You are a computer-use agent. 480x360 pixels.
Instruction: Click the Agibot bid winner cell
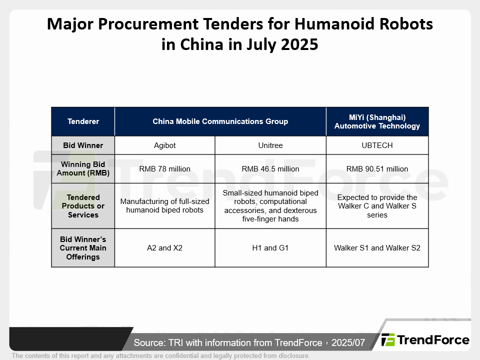[164, 145]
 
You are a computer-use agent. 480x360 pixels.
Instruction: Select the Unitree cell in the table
[270, 145]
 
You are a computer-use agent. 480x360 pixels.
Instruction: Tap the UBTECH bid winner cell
[377, 145]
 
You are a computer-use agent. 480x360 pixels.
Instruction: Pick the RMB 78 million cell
[164, 169]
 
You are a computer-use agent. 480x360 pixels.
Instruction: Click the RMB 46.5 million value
[270, 169]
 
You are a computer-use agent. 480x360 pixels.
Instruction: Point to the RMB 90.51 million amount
[377, 169]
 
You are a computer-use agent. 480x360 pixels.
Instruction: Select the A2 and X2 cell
[164, 248]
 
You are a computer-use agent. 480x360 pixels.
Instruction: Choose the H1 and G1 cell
[270, 248]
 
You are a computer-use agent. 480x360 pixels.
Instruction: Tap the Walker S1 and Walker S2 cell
[377, 248]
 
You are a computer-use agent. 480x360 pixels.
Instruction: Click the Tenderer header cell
[83, 121]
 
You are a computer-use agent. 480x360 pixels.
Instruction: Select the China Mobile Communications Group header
[220, 121]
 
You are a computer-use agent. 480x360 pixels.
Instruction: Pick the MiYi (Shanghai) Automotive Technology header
[377, 121]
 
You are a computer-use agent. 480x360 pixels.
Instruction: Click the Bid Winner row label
[83, 145]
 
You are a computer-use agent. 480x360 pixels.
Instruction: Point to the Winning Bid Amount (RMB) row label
[83, 169]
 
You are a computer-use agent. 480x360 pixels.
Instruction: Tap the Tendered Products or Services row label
[83, 206]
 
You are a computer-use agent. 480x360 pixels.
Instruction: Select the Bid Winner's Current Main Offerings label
[83, 248]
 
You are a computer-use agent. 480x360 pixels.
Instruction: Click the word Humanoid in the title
[334, 24]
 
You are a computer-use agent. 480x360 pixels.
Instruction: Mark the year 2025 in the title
[299, 44]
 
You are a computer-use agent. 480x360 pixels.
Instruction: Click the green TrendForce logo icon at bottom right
[388, 340]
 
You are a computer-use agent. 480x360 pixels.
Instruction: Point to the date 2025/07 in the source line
[348, 342]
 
